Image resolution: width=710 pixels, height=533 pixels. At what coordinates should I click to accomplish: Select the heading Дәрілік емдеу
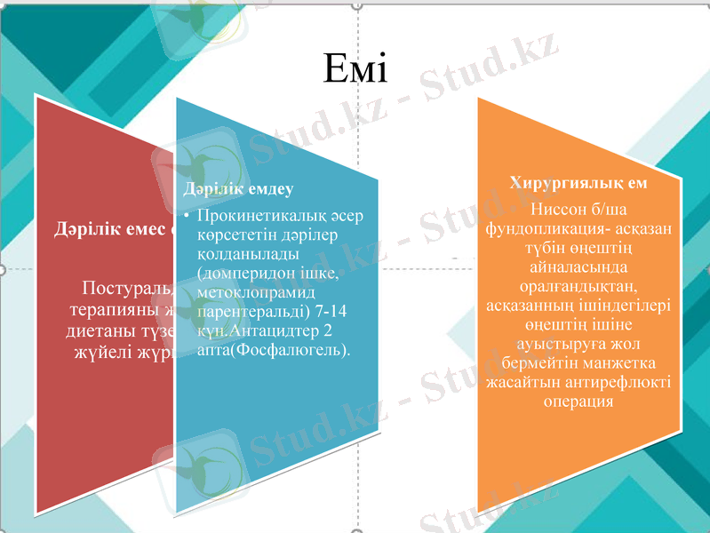click(x=237, y=189)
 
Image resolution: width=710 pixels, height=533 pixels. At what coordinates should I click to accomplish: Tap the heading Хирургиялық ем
click(x=578, y=183)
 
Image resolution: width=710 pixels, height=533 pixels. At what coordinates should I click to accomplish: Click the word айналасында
click(x=578, y=266)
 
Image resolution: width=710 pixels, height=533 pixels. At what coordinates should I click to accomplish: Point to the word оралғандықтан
click(x=578, y=285)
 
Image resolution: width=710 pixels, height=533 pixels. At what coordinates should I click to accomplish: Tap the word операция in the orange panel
click(x=578, y=401)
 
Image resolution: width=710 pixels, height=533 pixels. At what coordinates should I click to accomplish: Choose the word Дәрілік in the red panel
click(x=84, y=230)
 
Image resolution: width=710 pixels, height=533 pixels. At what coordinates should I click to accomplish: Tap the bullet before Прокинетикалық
click(x=187, y=217)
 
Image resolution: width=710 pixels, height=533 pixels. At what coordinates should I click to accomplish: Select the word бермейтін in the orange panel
click(x=539, y=362)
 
